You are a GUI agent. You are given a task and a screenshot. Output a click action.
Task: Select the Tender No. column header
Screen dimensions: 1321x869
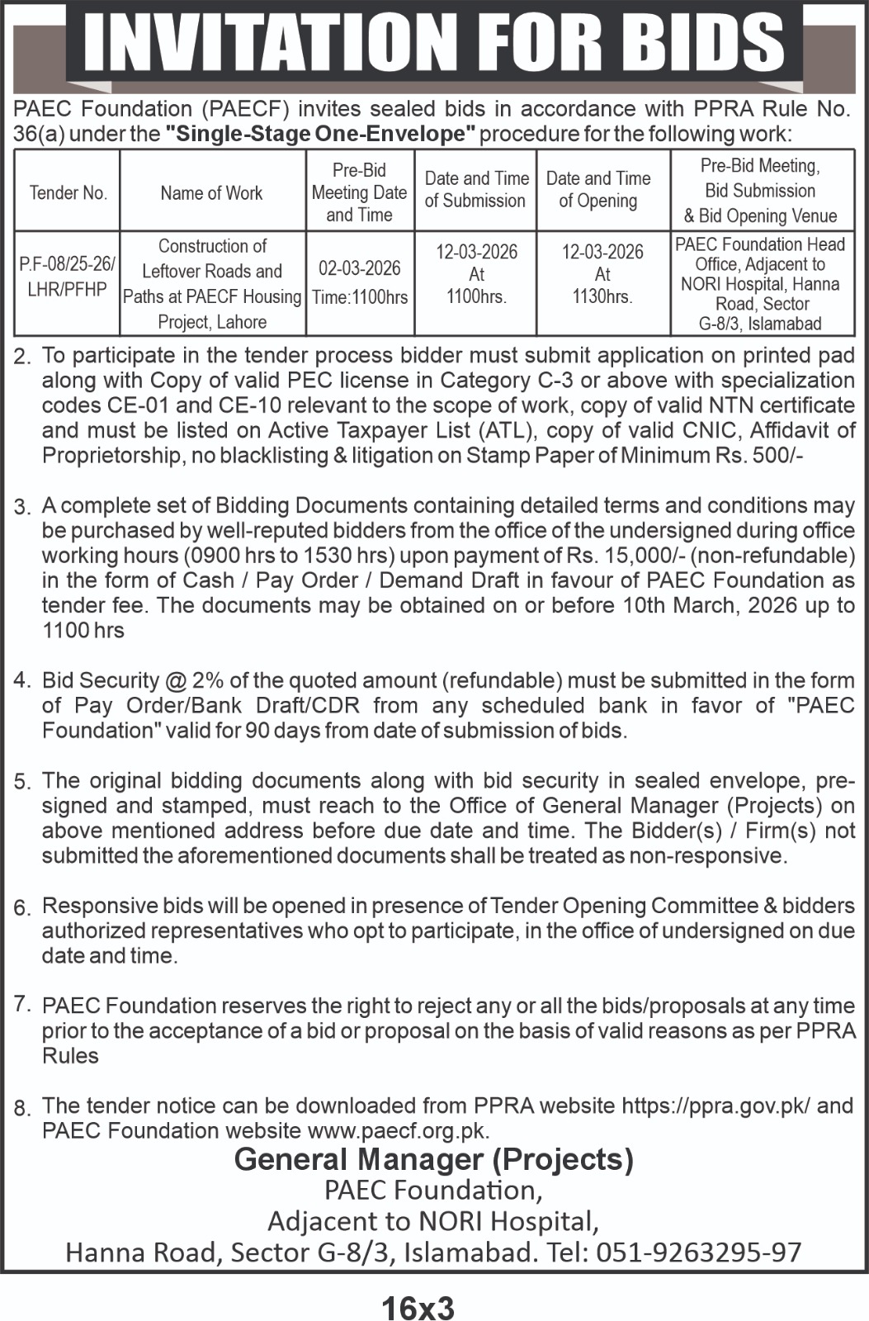point(68,193)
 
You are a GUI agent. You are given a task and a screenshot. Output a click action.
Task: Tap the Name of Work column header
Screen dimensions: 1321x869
point(211,193)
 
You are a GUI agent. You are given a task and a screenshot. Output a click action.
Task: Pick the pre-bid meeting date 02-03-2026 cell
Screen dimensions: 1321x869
point(360,268)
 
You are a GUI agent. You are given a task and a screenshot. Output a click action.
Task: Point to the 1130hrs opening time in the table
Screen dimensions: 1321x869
point(602,297)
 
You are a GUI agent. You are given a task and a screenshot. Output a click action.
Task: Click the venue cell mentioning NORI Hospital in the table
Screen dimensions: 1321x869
point(760,284)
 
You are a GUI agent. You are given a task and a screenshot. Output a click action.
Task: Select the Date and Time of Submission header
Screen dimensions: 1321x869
point(475,189)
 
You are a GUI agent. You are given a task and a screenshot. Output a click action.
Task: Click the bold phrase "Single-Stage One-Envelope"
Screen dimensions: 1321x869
point(322,134)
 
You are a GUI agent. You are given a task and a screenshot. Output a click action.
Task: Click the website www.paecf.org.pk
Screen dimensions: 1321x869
point(397,1131)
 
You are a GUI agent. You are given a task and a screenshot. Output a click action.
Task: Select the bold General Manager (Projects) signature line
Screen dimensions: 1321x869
point(434,1160)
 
